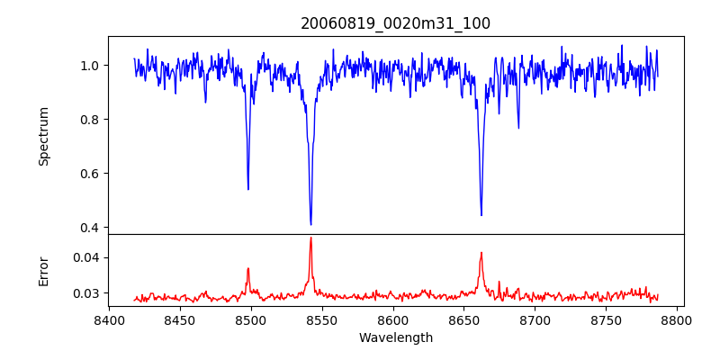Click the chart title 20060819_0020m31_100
(x=395, y=23)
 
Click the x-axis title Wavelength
(x=395, y=337)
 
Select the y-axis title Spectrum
(x=44, y=136)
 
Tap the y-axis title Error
(x=44, y=270)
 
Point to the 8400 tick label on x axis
(x=109, y=319)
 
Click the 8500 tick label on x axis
(x=251, y=319)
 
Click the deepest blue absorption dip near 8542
(x=310, y=224)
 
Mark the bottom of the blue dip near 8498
(x=248, y=189)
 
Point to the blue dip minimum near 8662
(x=481, y=215)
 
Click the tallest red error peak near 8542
(x=310, y=238)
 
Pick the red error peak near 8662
(x=481, y=253)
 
